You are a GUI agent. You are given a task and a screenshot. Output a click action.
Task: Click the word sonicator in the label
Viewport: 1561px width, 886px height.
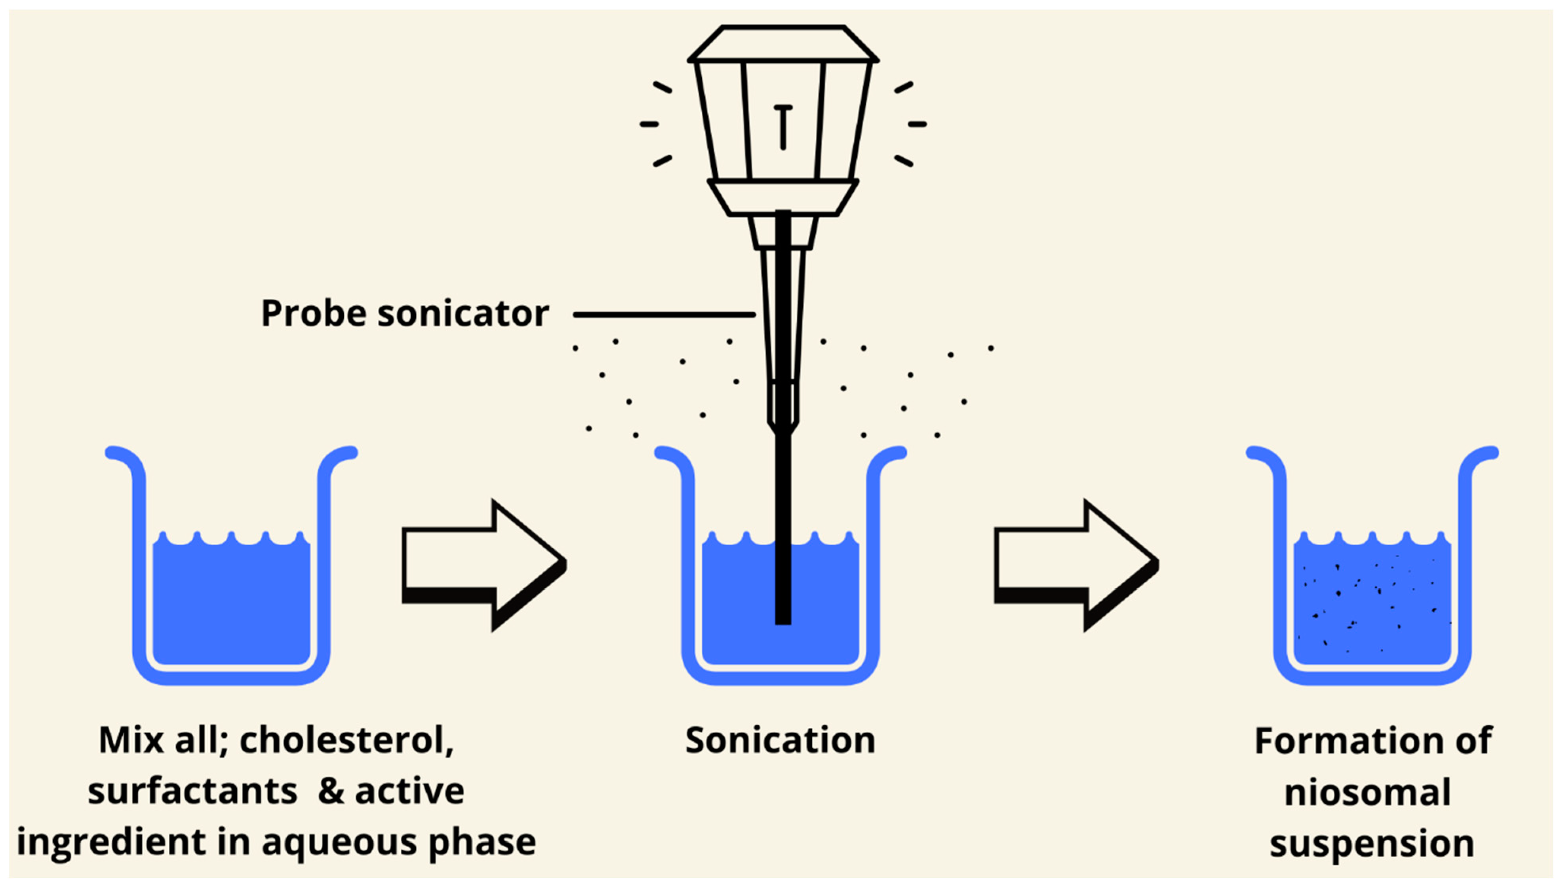click(463, 314)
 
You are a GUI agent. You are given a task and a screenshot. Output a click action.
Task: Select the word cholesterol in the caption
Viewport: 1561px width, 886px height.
click(346, 740)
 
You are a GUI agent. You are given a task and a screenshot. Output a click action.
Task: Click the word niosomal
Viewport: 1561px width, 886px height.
click(1367, 792)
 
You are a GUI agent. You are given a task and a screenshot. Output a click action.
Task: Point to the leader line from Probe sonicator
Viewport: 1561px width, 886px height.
click(664, 315)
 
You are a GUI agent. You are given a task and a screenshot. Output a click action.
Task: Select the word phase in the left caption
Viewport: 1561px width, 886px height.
click(482, 843)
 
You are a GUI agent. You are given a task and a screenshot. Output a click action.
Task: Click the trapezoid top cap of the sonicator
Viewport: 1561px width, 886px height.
click(783, 43)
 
